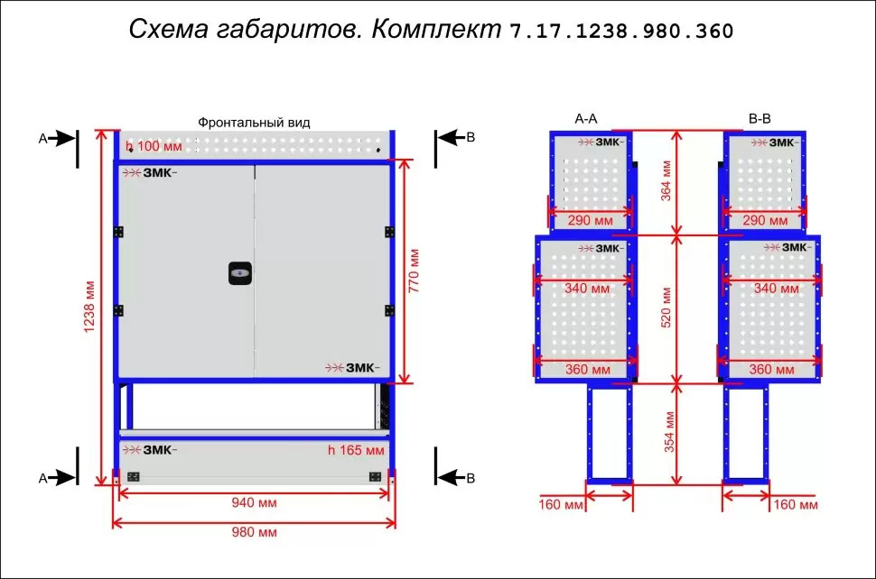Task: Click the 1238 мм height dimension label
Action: [x=89, y=307]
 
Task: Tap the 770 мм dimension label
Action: [x=414, y=271]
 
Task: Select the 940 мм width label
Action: [x=254, y=502]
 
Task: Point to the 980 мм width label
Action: [x=254, y=532]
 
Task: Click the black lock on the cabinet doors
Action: [x=239, y=272]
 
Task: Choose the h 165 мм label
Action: [x=356, y=450]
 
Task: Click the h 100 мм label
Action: [x=154, y=146]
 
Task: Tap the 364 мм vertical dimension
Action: [x=666, y=180]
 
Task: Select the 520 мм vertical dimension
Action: [x=666, y=308]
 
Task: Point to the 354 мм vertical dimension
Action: [x=668, y=432]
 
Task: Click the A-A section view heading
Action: [x=586, y=119]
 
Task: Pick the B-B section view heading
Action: [x=760, y=119]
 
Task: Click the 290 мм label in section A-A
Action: [x=591, y=220]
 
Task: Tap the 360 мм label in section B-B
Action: [x=771, y=369]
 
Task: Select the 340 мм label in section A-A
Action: [x=587, y=289]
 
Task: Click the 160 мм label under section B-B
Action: [x=796, y=505]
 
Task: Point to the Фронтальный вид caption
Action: [x=254, y=123]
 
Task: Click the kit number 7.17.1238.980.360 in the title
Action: [x=621, y=31]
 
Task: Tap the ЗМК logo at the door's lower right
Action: [x=352, y=368]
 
